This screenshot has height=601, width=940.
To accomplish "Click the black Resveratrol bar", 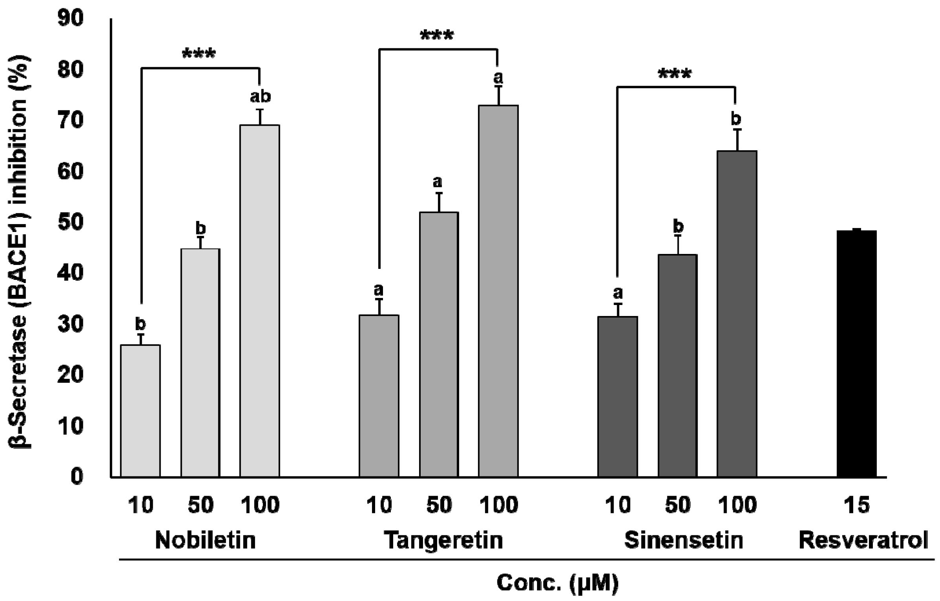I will (856, 354).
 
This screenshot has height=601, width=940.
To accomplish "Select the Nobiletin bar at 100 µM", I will (260, 301).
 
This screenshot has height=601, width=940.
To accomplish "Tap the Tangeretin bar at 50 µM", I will (439, 344).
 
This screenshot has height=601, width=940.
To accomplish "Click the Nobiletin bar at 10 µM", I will (140, 411).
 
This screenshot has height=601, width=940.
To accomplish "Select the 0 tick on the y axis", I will (77, 476).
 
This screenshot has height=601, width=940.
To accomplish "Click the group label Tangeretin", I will (443, 540).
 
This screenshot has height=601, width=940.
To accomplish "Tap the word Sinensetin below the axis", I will (683, 540).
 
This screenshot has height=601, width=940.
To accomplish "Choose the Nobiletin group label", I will (205, 540).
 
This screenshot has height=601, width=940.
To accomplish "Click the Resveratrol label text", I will (863, 540).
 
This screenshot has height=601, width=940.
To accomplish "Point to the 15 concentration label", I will (857, 505).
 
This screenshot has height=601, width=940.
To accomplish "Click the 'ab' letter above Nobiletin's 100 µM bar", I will (260, 96).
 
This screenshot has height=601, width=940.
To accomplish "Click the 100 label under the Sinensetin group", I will (737, 505).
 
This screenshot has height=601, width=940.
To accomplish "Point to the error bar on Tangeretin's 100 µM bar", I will (498, 96).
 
